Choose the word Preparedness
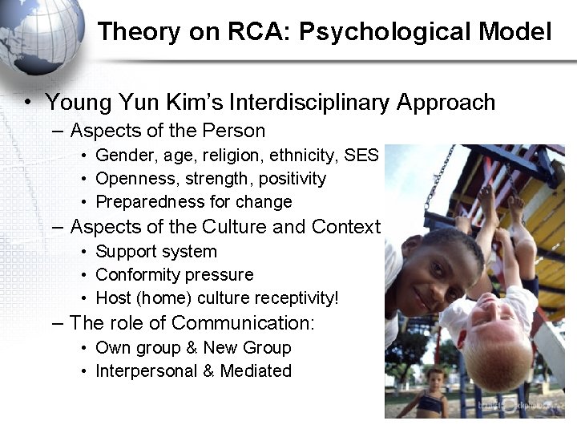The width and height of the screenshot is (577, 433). [x=147, y=201]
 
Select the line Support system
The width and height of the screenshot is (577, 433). [x=156, y=251]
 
